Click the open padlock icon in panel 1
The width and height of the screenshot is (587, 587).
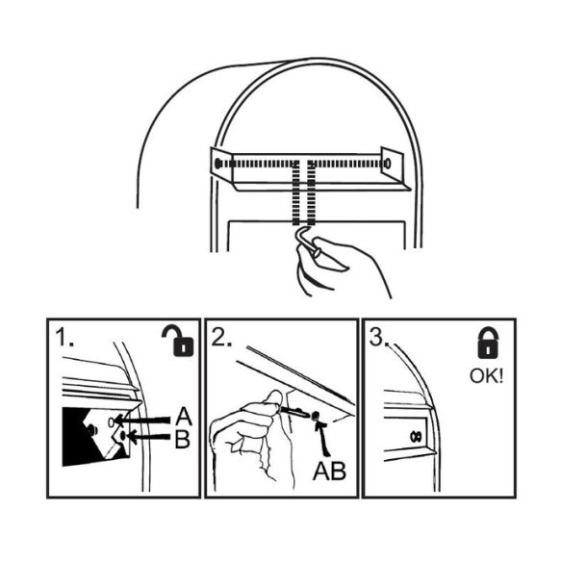179,342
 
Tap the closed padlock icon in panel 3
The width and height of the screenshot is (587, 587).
488,343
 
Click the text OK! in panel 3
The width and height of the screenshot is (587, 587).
486,376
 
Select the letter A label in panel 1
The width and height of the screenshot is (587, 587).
184,417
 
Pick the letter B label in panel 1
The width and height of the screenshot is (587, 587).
183,439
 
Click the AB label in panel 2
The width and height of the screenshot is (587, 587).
329,471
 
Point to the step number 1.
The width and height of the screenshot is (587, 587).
64,337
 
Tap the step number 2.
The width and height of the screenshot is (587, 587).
221,337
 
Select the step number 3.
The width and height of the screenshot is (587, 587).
379,337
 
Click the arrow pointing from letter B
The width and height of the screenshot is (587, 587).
148,437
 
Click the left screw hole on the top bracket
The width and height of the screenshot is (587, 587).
217,164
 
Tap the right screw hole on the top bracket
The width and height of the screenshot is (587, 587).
388,164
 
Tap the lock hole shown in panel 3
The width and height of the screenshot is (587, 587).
416,436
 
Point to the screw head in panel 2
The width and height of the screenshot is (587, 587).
316,415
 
